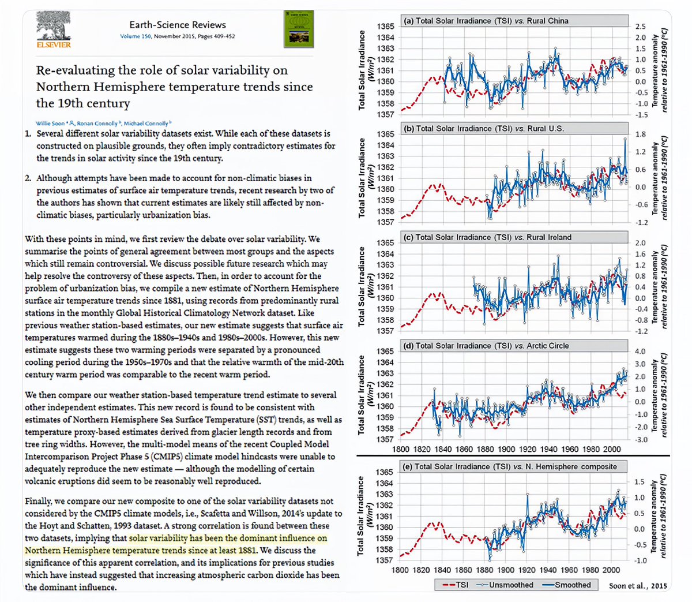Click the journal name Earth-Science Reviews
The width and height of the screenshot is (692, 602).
177,25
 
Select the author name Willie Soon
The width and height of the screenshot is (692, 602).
51,124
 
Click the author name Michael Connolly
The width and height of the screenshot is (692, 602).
146,124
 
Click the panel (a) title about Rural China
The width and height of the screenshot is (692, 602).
486,21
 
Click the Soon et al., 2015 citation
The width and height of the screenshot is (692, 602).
638,585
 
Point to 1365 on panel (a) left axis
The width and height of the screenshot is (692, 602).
386,27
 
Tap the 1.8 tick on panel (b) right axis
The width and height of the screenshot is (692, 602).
640,134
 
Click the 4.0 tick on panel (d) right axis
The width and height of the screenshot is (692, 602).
640,352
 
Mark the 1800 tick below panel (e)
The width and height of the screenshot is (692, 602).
400,570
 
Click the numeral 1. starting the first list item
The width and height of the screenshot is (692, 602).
28,133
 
